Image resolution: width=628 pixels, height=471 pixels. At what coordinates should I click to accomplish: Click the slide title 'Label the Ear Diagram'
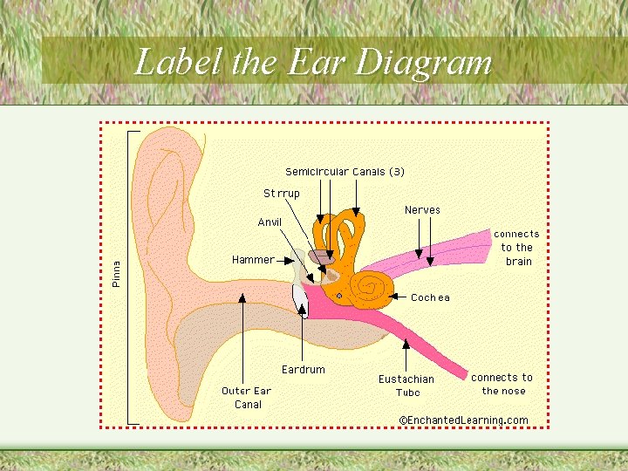click(314, 62)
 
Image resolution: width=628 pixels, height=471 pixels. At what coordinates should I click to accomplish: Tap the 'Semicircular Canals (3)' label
click(345, 172)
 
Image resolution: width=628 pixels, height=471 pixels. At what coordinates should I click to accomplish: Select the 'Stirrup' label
click(282, 194)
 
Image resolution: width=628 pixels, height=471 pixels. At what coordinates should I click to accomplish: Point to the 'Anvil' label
click(270, 222)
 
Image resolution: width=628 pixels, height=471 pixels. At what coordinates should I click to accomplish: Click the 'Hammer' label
click(252, 260)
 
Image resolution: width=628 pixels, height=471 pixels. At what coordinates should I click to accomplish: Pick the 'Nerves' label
click(422, 210)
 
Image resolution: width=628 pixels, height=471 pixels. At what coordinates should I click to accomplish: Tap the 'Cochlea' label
click(430, 297)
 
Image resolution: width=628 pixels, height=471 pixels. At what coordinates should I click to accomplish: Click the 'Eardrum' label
click(303, 370)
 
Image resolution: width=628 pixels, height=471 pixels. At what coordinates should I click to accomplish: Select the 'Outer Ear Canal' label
click(247, 398)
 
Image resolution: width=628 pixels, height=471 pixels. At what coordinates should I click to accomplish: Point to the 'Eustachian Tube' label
click(406, 386)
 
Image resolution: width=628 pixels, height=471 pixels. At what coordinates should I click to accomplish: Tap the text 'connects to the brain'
click(517, 248)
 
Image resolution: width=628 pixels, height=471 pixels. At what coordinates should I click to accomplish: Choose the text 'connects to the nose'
click(502, 384)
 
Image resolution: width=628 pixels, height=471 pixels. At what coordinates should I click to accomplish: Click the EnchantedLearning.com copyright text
click(463, 420)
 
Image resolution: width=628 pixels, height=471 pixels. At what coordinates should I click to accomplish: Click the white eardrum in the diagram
click(299, 299)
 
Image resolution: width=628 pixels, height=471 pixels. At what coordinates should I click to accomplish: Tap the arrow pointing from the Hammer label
click(287, 260)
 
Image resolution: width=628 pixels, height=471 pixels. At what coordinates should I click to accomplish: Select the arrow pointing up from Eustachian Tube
click(406, 352)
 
